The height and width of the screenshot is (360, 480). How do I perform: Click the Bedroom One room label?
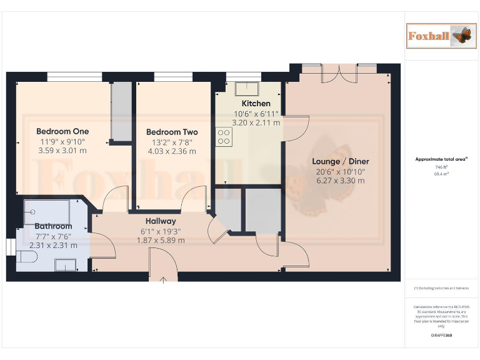pos(62,131)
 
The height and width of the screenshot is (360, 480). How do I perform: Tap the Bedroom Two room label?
pos(172,132)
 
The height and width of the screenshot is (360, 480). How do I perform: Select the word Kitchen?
pos(256,103)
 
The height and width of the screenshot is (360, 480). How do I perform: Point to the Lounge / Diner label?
pos(341,161)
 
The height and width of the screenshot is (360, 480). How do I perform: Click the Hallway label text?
pos(161,221)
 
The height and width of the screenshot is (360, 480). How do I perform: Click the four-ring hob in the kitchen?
pos(224,137)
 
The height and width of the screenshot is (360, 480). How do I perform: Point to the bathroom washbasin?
pos(64,265)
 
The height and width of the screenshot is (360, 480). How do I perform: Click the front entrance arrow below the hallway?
pos(163,280)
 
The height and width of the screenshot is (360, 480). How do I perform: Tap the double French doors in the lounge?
pos(340,74)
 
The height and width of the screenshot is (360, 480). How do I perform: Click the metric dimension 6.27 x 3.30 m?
pos(341,181)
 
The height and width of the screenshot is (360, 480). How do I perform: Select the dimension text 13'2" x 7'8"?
pos(172,142)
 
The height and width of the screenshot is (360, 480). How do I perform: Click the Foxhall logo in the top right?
pos(439,36)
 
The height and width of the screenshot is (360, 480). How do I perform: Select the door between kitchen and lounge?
pos(296,128)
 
